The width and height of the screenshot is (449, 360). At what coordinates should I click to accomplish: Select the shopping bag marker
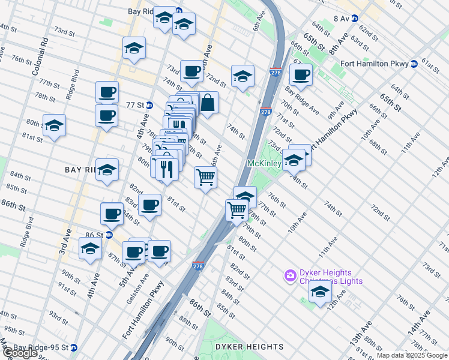tap(207, 103)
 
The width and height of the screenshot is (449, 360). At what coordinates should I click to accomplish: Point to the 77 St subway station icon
tap(149, 104)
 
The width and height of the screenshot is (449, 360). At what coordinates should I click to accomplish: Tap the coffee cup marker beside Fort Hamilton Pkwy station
tap(301, 75)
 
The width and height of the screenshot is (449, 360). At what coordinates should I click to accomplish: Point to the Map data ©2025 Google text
tap(412, 355)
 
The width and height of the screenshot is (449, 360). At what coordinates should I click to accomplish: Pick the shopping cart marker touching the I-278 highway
tap(237, 210)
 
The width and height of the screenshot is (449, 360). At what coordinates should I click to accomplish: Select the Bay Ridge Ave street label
tap(302, 100)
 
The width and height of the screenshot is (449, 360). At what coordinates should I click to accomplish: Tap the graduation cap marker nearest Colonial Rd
tap(54, 125)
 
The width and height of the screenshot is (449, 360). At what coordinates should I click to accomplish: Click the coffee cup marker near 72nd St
tap(191, 71)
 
